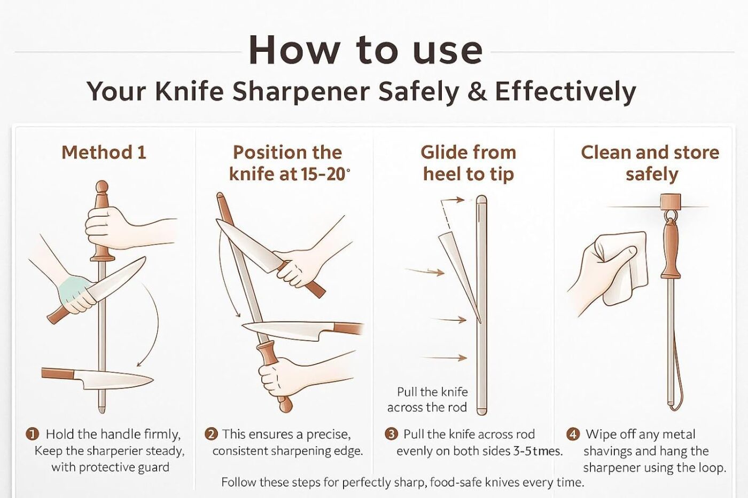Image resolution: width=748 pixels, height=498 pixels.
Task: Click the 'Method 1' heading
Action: coord(104,153)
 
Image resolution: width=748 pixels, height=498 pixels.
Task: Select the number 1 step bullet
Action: coord(33,434)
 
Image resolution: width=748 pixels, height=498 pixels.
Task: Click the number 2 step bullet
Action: coord(211,434)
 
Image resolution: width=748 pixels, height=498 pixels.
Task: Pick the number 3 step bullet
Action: coord(391,434)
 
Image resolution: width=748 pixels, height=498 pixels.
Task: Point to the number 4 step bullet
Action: coord(573,434)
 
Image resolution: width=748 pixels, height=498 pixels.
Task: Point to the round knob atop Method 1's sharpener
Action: coord(102,186)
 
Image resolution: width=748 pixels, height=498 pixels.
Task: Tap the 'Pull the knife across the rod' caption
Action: coord(427,399)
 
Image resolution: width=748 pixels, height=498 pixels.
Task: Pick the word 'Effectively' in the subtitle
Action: coord(566,91)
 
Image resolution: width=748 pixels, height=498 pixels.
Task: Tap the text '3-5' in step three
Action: coord(521,452)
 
